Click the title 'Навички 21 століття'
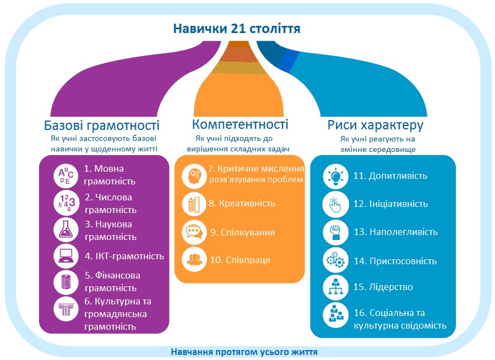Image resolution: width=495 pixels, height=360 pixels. click(237, 28)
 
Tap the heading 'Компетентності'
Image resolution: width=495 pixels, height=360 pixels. click(240, 124)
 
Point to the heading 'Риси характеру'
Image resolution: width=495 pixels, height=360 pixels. click(376, 125)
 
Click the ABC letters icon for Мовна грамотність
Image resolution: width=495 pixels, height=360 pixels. click(66, 174)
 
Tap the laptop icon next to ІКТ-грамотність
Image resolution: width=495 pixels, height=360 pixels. click(66, 256)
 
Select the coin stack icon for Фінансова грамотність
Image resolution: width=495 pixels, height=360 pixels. click(66, 282)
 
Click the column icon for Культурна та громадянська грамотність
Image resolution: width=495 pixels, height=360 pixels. click(66, 309)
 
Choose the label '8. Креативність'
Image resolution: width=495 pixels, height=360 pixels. click(242, 203)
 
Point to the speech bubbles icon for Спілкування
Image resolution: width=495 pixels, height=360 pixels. click(193, 231)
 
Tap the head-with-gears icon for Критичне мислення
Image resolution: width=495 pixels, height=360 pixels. click(193, 174)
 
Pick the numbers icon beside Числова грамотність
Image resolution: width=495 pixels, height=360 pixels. click(66, 202)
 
